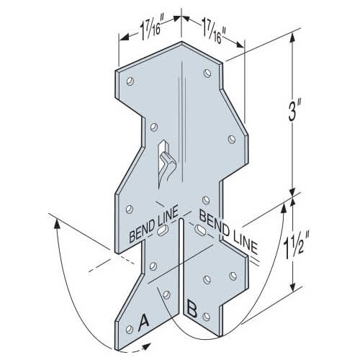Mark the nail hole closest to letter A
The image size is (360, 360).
click(x=130, y=326)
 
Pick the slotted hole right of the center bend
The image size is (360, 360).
click(x=196, y=230)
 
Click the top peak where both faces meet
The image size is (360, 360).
click(x=180, y=42)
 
